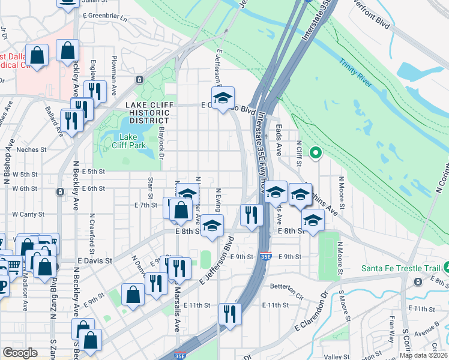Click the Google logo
(20, 353)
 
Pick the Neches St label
(31, 149)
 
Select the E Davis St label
(95, 261)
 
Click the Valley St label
(336, 356)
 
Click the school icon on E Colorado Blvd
(223, 98)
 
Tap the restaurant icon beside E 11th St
(229, 314)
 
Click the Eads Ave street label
(279, 140)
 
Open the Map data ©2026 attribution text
(423, 355)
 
